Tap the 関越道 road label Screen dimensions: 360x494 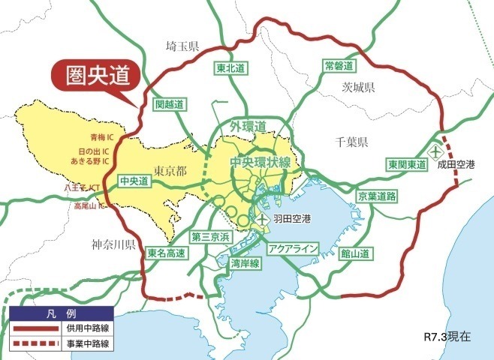click(x=169, y=105)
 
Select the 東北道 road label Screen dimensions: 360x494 click(x=230, y=68)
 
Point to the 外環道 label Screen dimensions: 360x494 click(x=249, y=125)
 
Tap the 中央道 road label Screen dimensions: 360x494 click(x=134, y=181)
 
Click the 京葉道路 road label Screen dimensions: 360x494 click(x=376, y=195)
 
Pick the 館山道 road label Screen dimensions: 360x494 click(x=354, y=254)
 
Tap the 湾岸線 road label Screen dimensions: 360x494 click(x=245, y=263)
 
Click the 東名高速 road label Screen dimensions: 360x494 click(x=166, y=253)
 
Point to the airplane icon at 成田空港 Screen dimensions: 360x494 click(x=435, y=151)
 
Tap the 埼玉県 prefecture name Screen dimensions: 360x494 click(x=182, y=47)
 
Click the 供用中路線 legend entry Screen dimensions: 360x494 click(x=83, y=328)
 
